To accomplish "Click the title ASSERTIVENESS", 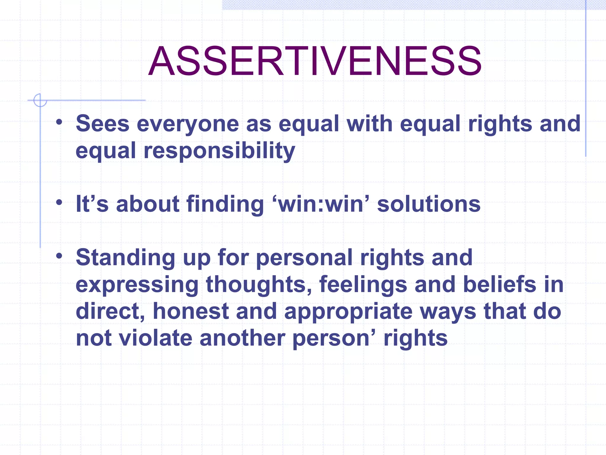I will pyautogui.click(x=315, y=61).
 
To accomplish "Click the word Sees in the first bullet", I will pyautogui.click(x=102, y=124).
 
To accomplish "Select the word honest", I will pyautogui.click(x=191, y=311).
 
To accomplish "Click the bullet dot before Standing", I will pyautogui.click(x=59, y=255).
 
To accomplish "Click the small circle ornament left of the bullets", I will pyautogui.click(x=40, y=100).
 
